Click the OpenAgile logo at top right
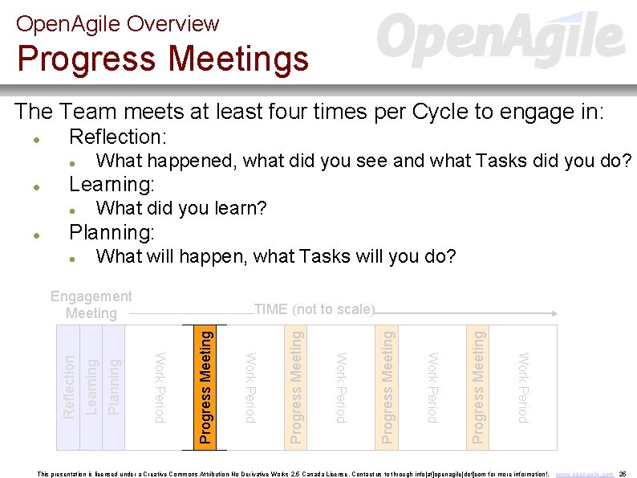point(501,38)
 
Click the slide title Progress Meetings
point(163,59)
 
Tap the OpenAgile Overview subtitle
point(117,23)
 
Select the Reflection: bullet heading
point(118,137)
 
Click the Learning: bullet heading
point(112,185)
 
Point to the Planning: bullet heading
point(112,233)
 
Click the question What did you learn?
point(181,209)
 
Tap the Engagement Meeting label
point(91,304)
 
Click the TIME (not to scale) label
point(314,309)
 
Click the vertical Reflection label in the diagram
point(69,386)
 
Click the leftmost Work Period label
point(160,386)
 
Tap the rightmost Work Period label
point(523,386)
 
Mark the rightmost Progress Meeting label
point(478,386)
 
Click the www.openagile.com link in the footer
point(586,474)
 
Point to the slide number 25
point(623,474)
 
